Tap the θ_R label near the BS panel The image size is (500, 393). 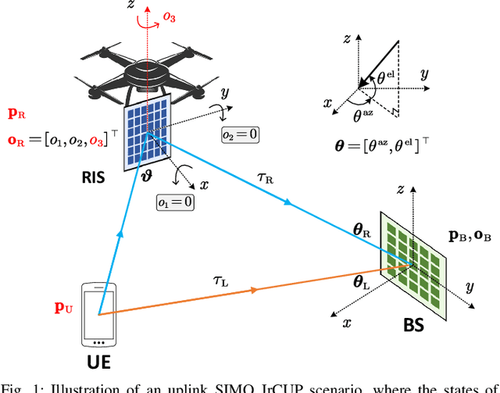pyautogui.click(x=362, y=230)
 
